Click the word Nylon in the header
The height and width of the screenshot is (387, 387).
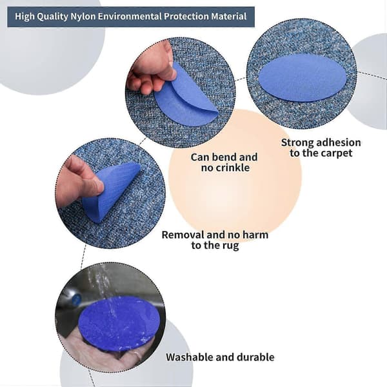click(x=83, y=17)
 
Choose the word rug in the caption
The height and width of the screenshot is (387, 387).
click(x=231, y=246)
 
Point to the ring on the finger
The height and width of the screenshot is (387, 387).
click(x=136, y=357)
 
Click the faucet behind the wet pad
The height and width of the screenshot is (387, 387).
click(x=72, y=297)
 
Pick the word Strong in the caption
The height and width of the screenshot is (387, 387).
click(x=297, y=143)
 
